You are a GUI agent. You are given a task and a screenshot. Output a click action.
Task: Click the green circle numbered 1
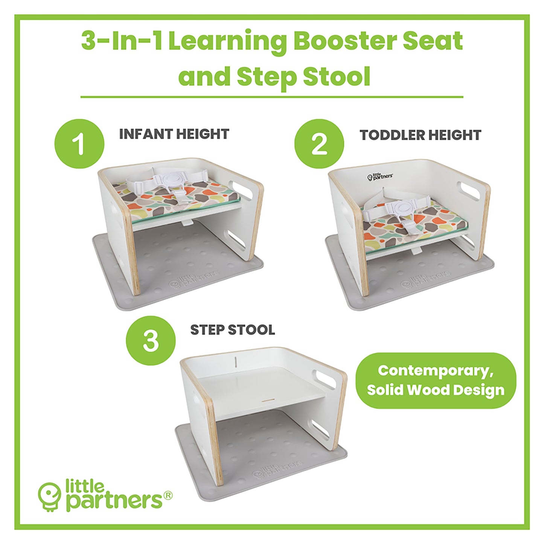[x=79, y=144]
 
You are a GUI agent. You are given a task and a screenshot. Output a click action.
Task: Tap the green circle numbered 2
[x=319, y=144]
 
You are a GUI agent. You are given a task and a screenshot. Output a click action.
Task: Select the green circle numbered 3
[x=151, y=340]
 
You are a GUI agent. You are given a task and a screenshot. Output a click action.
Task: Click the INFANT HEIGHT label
[x=174, y=134]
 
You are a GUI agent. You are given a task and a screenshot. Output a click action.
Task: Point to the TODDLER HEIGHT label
[x=421, y=135]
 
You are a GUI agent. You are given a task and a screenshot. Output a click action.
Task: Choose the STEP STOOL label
[x=232, y=330]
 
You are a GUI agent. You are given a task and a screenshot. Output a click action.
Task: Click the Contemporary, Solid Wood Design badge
[x=436, y=380]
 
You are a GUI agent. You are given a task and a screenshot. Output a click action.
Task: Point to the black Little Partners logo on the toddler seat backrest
[x=380, y=177]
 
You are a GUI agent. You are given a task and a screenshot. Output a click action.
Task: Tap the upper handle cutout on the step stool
[x=326, y=379]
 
